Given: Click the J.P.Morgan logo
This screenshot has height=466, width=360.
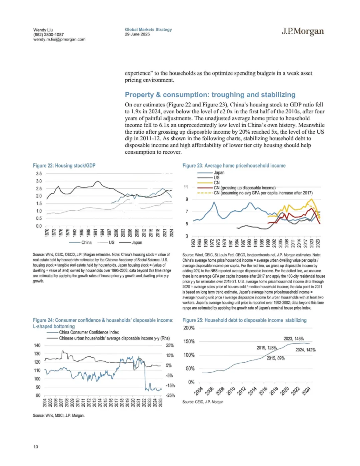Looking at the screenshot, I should tap(302, 31).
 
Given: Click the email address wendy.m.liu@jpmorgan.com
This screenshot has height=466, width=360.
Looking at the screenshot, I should tap(59, 39).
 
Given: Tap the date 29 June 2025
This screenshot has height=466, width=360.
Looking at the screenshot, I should tap(137, 34).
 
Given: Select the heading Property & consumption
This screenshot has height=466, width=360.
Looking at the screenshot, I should tap(210, 95).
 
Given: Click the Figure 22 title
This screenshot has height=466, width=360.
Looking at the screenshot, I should tap(64, 166).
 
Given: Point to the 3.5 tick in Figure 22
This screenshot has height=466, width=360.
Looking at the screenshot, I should tap(39, 174).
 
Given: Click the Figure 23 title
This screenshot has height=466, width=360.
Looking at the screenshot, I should tap(234, 166).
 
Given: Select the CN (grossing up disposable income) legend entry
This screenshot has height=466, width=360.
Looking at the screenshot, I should tap(244, 188).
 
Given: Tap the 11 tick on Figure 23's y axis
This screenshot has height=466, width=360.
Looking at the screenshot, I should tap(186, 187).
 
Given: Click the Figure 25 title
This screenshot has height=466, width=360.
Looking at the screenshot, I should tap(244, 320).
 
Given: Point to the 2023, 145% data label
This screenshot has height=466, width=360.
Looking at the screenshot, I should tap(294, 339).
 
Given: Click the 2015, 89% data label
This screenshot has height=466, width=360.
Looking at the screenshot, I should tap(276, 358).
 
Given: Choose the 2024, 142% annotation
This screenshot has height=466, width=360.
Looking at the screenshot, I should tap(305, 350).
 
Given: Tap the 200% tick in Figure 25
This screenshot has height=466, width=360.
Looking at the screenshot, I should tap(189, 328).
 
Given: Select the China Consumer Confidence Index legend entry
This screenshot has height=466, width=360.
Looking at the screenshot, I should tap(89, 332).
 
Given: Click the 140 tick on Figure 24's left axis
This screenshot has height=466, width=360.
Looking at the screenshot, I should tap(37, 346).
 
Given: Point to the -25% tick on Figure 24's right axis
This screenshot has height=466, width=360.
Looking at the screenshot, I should tap(171, 396).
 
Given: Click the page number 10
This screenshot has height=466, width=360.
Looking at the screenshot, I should tap(36, 447).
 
